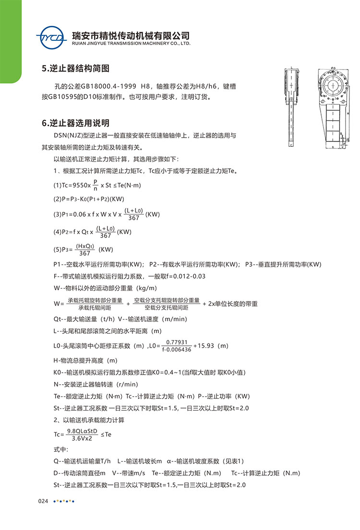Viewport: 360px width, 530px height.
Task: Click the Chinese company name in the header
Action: pyautogui.click(x=130, y=35)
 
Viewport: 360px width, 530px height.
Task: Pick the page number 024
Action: pyautogui.click(x=43, y=501)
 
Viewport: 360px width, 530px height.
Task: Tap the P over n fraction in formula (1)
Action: pyautogui.click(x=96, y=185)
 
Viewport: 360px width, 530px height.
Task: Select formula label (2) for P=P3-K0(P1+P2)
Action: pyautogui.click(x=57, y=199)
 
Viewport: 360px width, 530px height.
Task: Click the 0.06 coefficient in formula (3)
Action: pyautogui.click(x=79, y=214)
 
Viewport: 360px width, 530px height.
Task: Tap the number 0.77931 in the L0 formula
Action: pyautogui.click(x=177, y=342)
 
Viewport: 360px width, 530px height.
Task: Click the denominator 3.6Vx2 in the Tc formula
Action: pyautogui.click(x=82, y=438)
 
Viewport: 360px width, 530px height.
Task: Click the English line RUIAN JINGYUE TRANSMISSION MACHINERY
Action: pyautogui.click(x=131, y=43)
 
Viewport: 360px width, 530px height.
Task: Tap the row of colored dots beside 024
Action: pyautogui.click(x=63, y=501)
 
